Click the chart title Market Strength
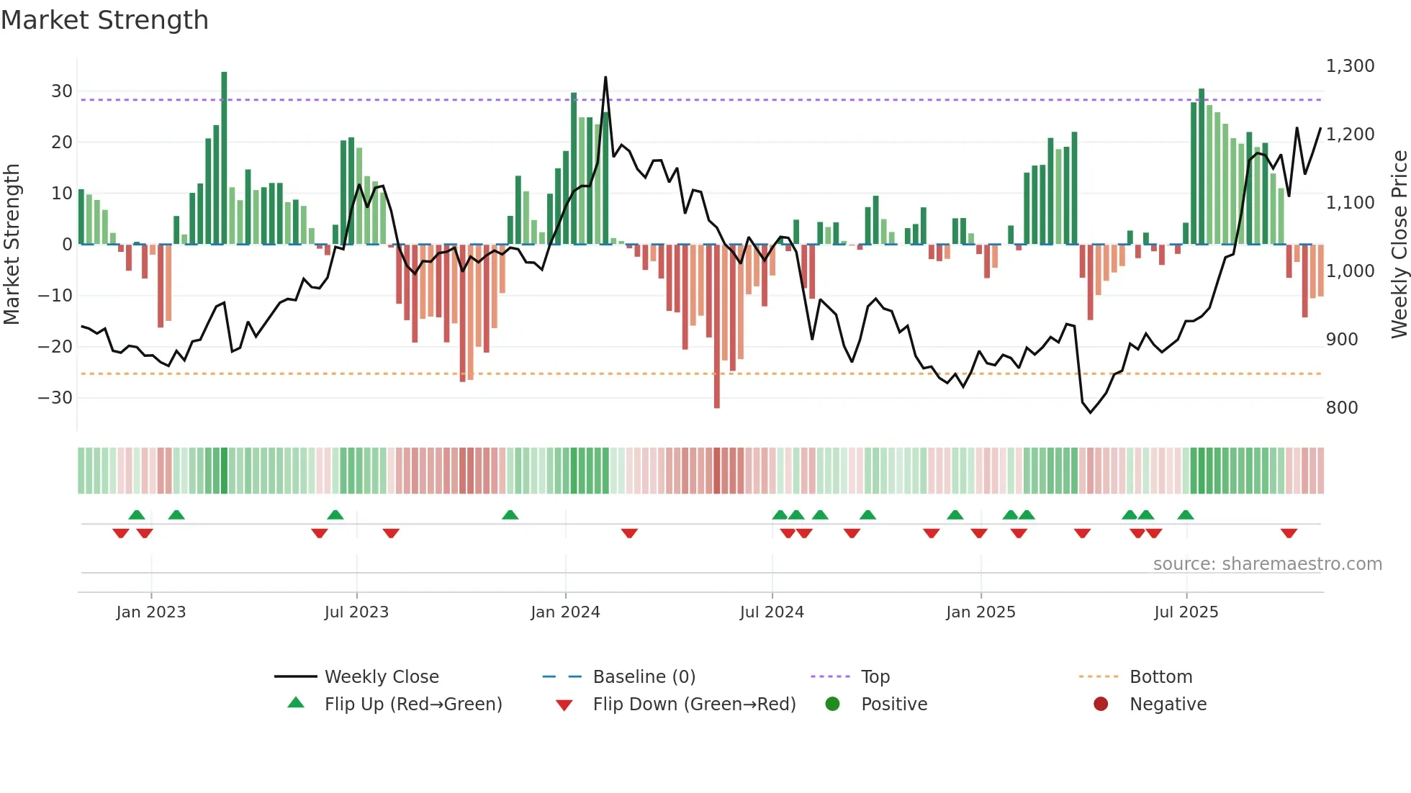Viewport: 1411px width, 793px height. [x=104, y=20]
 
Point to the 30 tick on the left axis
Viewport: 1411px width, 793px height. [x=62, y=91]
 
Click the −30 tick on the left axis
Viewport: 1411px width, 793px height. [x=55, y=397]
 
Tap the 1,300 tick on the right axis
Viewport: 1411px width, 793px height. [x=1350, y=66]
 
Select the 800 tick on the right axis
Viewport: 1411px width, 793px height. [x=1342, y=408]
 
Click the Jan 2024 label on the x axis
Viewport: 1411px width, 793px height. [x=565, y=612]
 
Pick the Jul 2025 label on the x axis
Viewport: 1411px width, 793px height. [x=1186, y=612]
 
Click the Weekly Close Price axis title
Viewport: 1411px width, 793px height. [x=1399, y=245]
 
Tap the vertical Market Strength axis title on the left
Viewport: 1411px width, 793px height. [x=12, y=245]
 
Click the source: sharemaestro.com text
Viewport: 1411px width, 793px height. [x=1267, y=564]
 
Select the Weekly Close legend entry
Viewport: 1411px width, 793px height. [x=382, y=677]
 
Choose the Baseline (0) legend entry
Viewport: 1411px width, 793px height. [x=644, y=677]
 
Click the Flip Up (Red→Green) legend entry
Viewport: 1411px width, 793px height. [x=413, y=704]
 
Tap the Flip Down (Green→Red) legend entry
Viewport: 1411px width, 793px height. [x=694, y=704]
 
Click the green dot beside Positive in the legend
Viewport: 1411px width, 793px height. [x=833, y=704]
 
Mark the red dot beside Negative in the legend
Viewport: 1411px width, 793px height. [x=1101, y=704]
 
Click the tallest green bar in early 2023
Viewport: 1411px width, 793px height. [x=224, y=158]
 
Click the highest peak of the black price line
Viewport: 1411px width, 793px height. [x=605, y=78]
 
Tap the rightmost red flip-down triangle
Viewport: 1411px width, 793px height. [x=1289, y=533]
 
